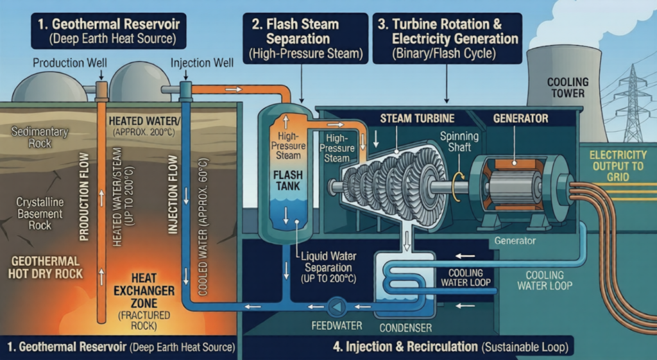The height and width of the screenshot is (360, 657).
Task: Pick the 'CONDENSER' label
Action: pyautogui.click(x=405, y=327)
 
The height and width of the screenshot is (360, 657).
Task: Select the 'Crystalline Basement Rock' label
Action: pyautogui.click(x=40, y=213)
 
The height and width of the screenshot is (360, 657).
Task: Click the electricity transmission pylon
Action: pyautogui.click(x=633, y=103)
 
